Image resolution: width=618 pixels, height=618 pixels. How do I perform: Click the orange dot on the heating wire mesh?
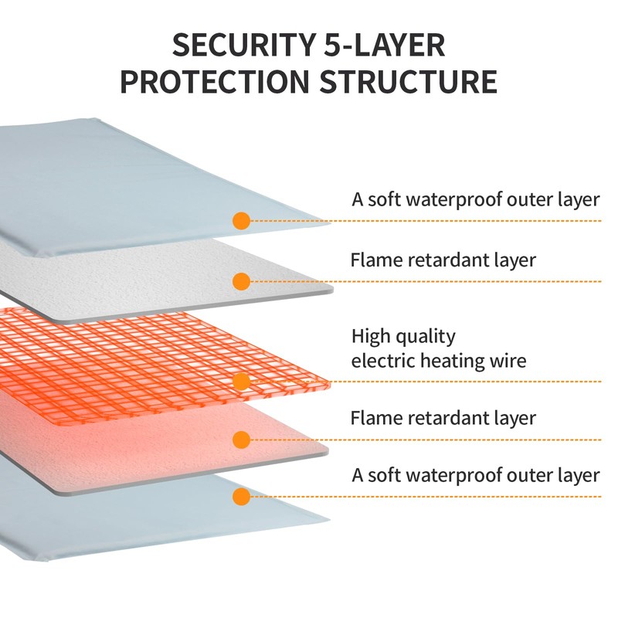(241, 381)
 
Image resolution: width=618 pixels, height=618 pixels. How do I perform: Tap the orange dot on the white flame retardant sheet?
(241, 281)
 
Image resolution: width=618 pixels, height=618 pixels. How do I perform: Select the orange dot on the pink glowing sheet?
(241, 440)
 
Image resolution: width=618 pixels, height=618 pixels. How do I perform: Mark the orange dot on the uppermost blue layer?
(241, 221)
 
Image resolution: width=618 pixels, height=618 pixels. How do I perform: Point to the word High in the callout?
(368, 337)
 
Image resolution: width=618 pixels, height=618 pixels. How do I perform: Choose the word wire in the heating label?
(508, 360)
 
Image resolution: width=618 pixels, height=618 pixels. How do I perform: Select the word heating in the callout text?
(454, 361)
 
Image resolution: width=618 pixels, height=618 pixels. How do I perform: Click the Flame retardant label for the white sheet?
(443, 260)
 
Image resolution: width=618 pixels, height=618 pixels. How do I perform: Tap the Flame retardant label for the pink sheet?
(443, 419)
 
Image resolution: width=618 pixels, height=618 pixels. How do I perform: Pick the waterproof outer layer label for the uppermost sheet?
(476, 199)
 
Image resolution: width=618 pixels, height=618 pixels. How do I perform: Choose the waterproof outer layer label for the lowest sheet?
(476, 474)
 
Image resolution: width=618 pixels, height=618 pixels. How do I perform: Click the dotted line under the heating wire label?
(463, 381)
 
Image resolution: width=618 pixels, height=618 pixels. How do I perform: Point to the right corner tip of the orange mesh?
(330, 382)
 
